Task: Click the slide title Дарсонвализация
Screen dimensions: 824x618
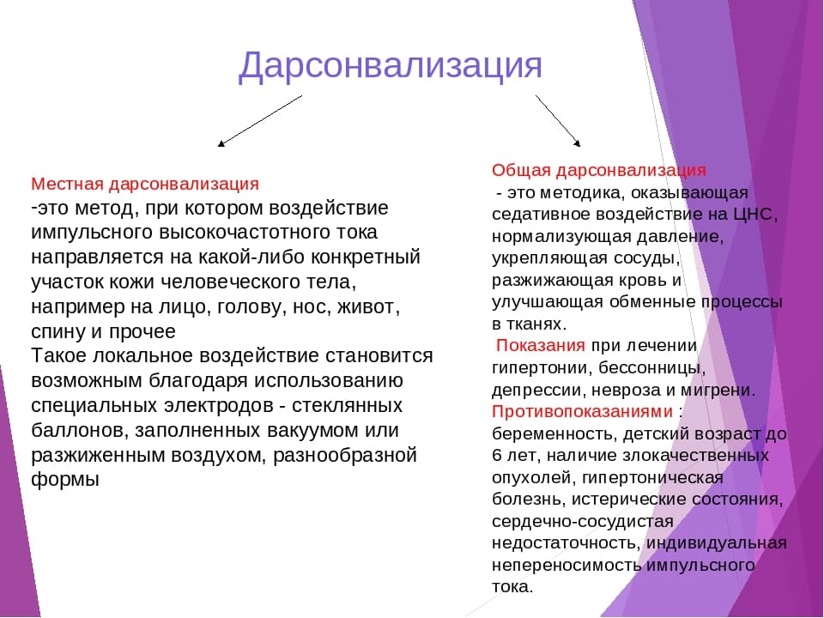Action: click(390, 66)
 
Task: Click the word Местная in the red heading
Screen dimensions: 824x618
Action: click(67, 184)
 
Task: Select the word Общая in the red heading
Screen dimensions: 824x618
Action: click(521, 171)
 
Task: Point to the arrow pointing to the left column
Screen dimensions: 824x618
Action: click(259, 121)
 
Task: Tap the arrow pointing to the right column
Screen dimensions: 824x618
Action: click(558, 121)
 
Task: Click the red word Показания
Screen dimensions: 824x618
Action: click(540, 345)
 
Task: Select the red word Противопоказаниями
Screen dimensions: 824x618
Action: click(582, 411)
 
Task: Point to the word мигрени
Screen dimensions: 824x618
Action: click(718, 391)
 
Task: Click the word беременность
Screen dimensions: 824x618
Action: click(554, 434)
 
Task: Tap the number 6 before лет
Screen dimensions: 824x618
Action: click(497, 455)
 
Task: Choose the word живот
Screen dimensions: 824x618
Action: click(368, 307)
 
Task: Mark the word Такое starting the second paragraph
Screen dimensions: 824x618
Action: click(59, 355)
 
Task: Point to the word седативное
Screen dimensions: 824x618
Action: click(545, 215)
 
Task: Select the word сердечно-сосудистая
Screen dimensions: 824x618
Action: click(583, 522)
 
